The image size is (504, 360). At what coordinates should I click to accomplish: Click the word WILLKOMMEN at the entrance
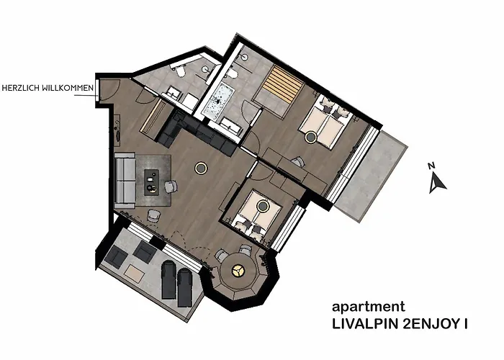tap(69, 89)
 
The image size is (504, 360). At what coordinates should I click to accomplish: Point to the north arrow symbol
tap(437, 184)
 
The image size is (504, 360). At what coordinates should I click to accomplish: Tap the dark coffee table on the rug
tap(152, 181)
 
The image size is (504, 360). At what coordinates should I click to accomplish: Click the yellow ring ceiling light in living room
tap(201, 168)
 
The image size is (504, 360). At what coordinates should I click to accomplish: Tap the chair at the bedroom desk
tap(297, 163)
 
